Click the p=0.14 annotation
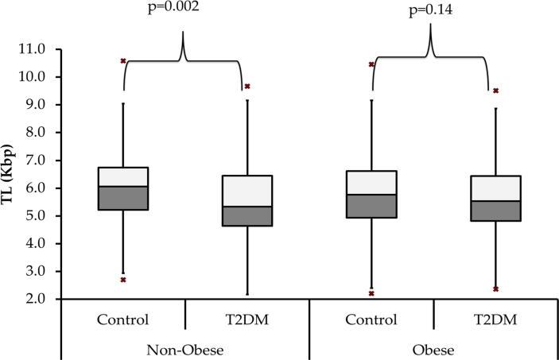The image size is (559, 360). click(x=431, y=11)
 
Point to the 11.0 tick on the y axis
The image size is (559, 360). click(x=29, y=49)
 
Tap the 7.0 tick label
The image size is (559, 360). click(x=29, y=161)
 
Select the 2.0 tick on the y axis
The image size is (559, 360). click(x=29, y=300)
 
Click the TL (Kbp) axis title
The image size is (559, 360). click(x=10, y=173)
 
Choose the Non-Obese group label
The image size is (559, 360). click(x=185, y=349)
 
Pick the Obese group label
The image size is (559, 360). click(x=433, y=349)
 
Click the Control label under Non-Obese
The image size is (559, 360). click(x=123, y=320)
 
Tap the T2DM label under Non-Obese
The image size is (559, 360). click(x=247, y=320)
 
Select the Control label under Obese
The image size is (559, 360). click(x=371, y=320)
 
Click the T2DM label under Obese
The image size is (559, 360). click(x=495, y=320)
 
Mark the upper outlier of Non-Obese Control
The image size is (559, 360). click(x=123, y=60)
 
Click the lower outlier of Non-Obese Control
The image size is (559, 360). click(x=123, y=279)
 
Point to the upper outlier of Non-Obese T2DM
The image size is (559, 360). click(x=247, y=86)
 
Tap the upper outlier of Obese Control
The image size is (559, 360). click(x=371, y=64)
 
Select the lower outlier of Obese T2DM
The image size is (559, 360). click(x=495, y=289)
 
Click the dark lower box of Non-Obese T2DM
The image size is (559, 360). click(x=247, y=216)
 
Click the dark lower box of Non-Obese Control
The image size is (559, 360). click(x=123, y=198)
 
